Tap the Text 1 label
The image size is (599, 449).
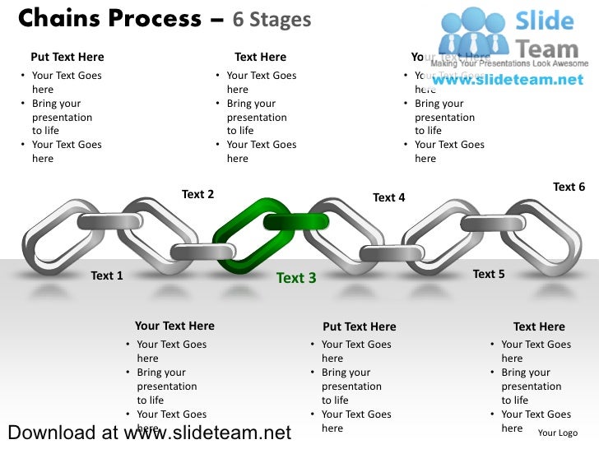[x=107, y=275]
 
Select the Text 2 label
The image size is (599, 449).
[x=197, y=194]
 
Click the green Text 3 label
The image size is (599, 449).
[x=296, y=278]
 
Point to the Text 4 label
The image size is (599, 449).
[x=388, y=197]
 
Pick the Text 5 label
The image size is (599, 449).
[x=489, y=274]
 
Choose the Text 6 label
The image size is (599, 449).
[x=569, y=187]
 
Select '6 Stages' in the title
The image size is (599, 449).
[x=272, y=19]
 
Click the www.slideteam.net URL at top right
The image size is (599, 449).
[x=507, y=80]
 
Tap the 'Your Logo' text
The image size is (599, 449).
[x=557, y=433]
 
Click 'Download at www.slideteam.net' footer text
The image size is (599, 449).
[x=149, y=433]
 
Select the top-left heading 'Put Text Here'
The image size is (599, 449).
[x=67, y=57]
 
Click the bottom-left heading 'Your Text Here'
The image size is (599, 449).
[x=174, y=326]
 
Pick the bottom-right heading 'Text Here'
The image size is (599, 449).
[x=539, y=326]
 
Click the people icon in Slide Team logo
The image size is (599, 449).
[x=474, y=33]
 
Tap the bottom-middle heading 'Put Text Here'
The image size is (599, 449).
[x=360, y=326]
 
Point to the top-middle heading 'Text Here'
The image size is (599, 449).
[x=260, y=57]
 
